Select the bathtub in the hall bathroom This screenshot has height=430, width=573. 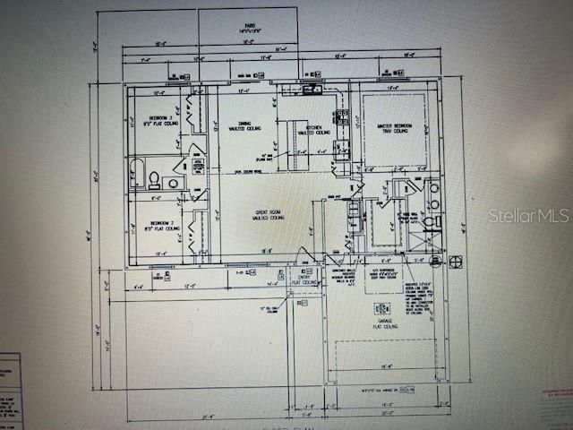tap(137, 172)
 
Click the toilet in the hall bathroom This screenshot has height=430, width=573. tap(154, 176)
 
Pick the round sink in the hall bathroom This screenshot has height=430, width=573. tap(171, 183)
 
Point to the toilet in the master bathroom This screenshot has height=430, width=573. tap(430, 220)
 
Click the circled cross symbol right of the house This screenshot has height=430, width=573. tap(456, 262)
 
